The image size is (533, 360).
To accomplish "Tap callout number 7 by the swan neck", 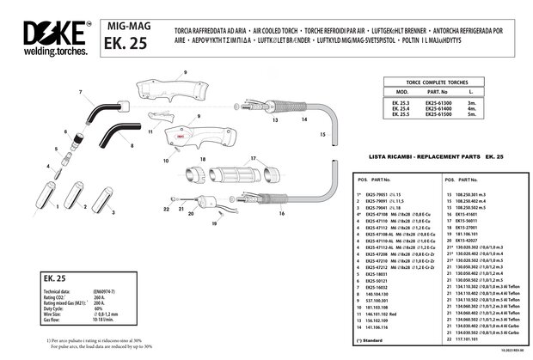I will pyautogui.click(x=80, y=92).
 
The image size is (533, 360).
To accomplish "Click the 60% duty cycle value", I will pyautogui.click(x=97, y=308).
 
